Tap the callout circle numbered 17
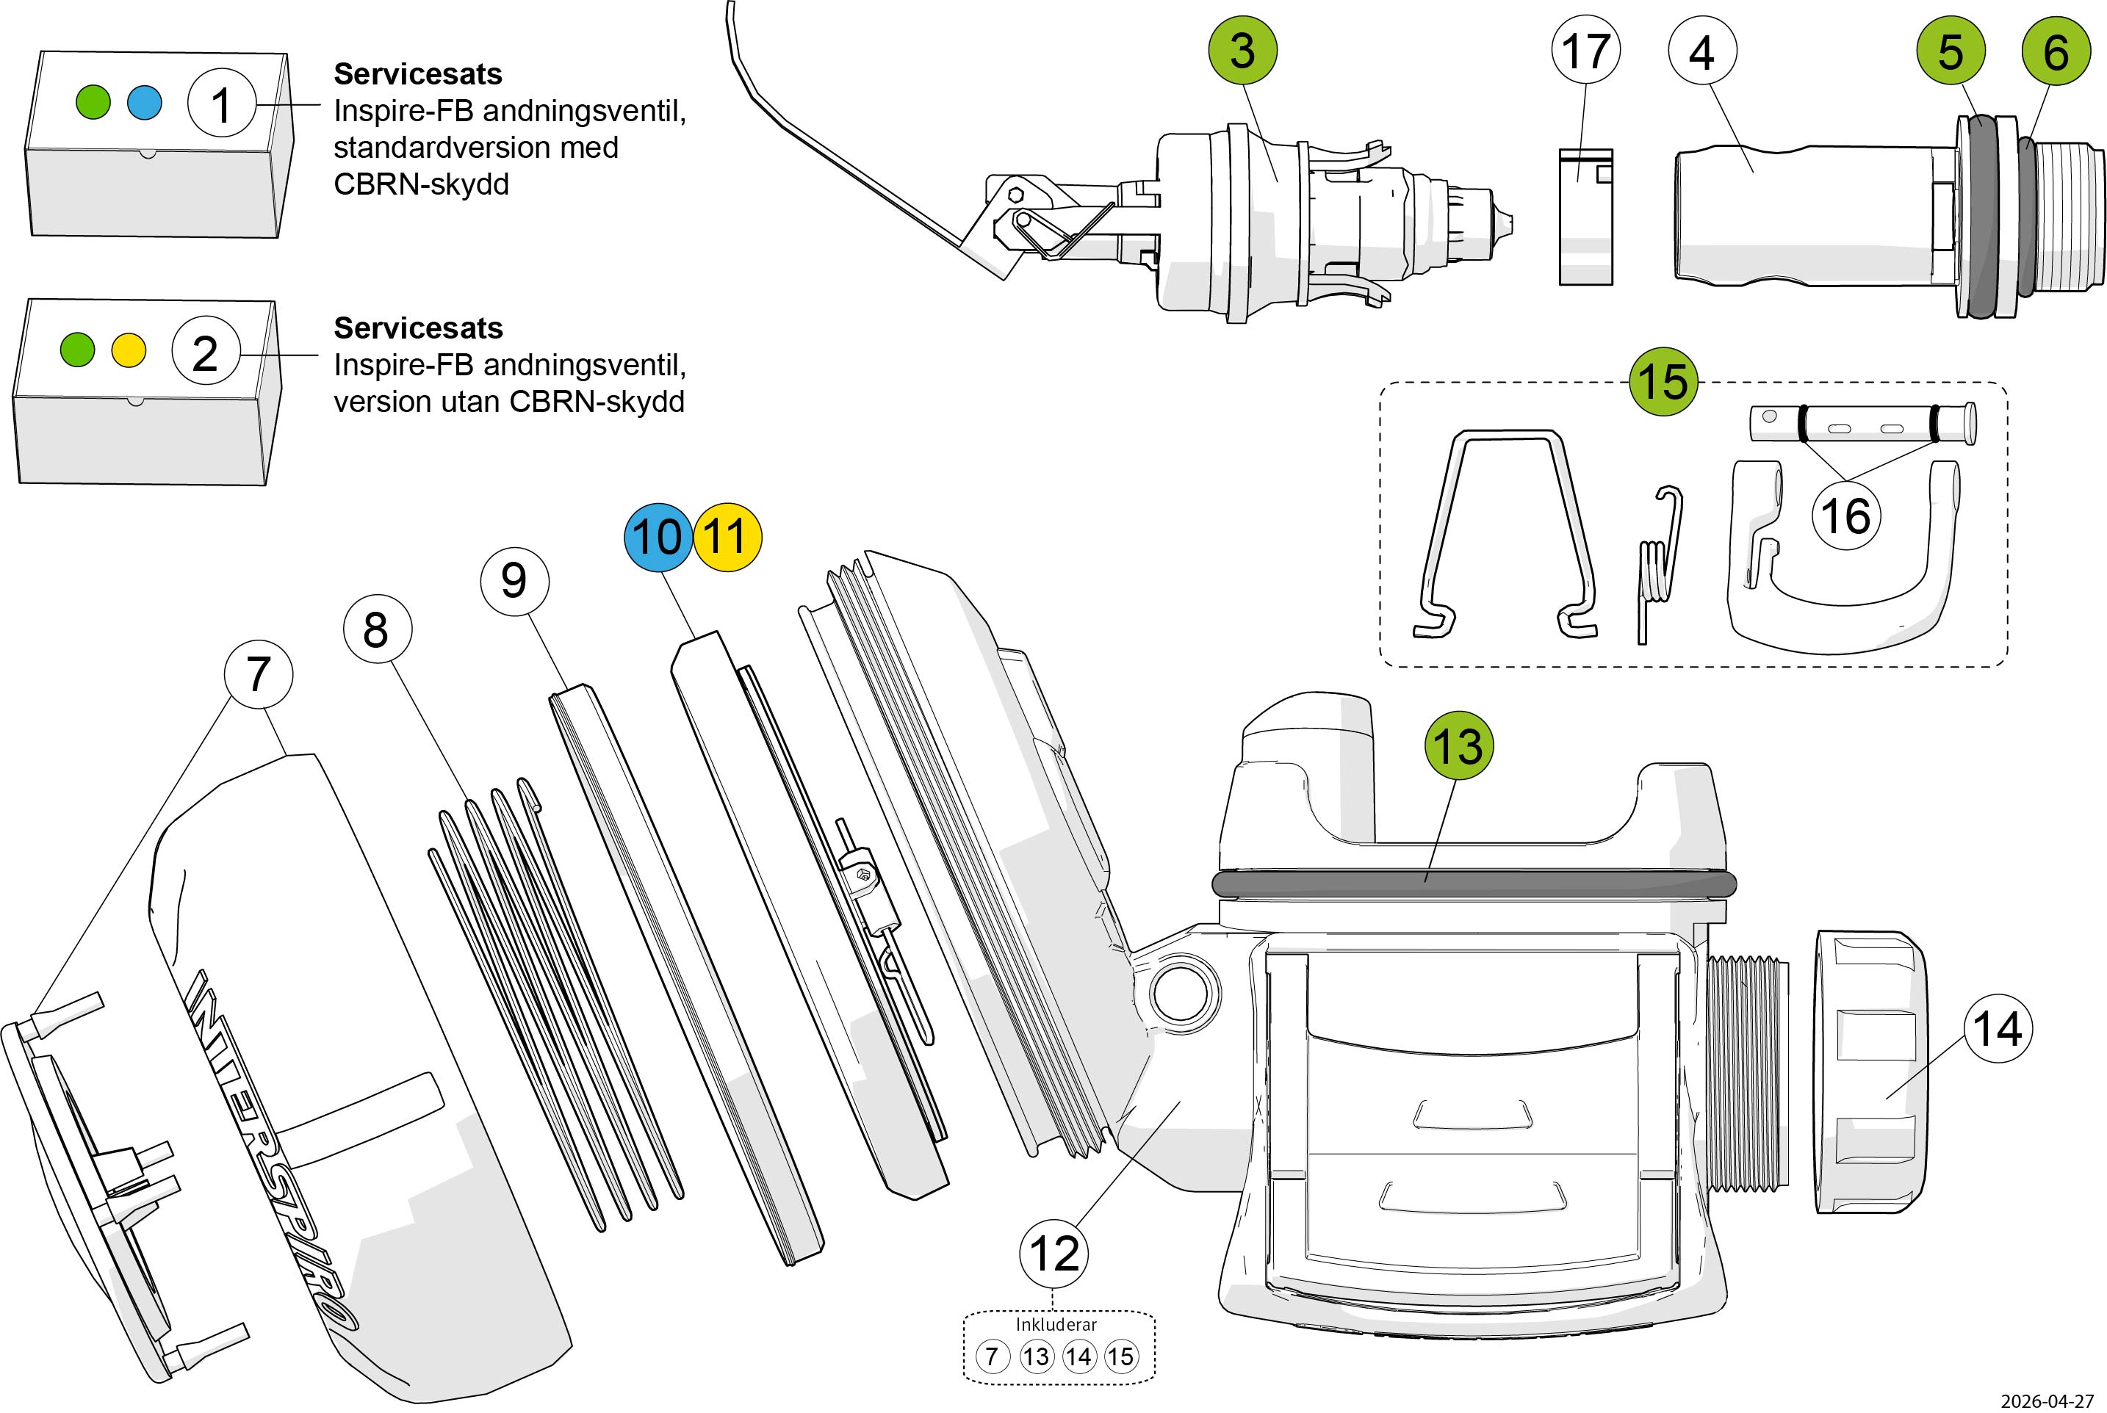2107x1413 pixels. (x=1585, y=51)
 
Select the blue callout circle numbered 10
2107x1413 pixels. (x=658, y=537)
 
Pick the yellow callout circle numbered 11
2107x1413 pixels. (x=727, y=537)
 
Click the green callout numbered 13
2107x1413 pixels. (x=1458, y=746)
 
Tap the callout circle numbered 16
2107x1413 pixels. (x=1845, y=516)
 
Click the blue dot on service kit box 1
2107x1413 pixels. (x=144, y=103)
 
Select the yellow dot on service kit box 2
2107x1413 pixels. (x=128, y=350)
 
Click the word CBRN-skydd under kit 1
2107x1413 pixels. (x=421, y=184)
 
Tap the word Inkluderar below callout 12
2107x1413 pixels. (x=1056, y=1325)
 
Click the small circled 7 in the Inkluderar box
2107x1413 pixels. (x=993, y=1356)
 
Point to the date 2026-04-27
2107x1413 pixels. (x=2047, y=1401)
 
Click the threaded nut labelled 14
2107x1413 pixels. (x=1870, y=1072)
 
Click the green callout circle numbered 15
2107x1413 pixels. (x=1663, y=381)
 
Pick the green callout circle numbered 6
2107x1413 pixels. (x=2056, y=51)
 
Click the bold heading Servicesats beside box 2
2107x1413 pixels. (x=418, y=328)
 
